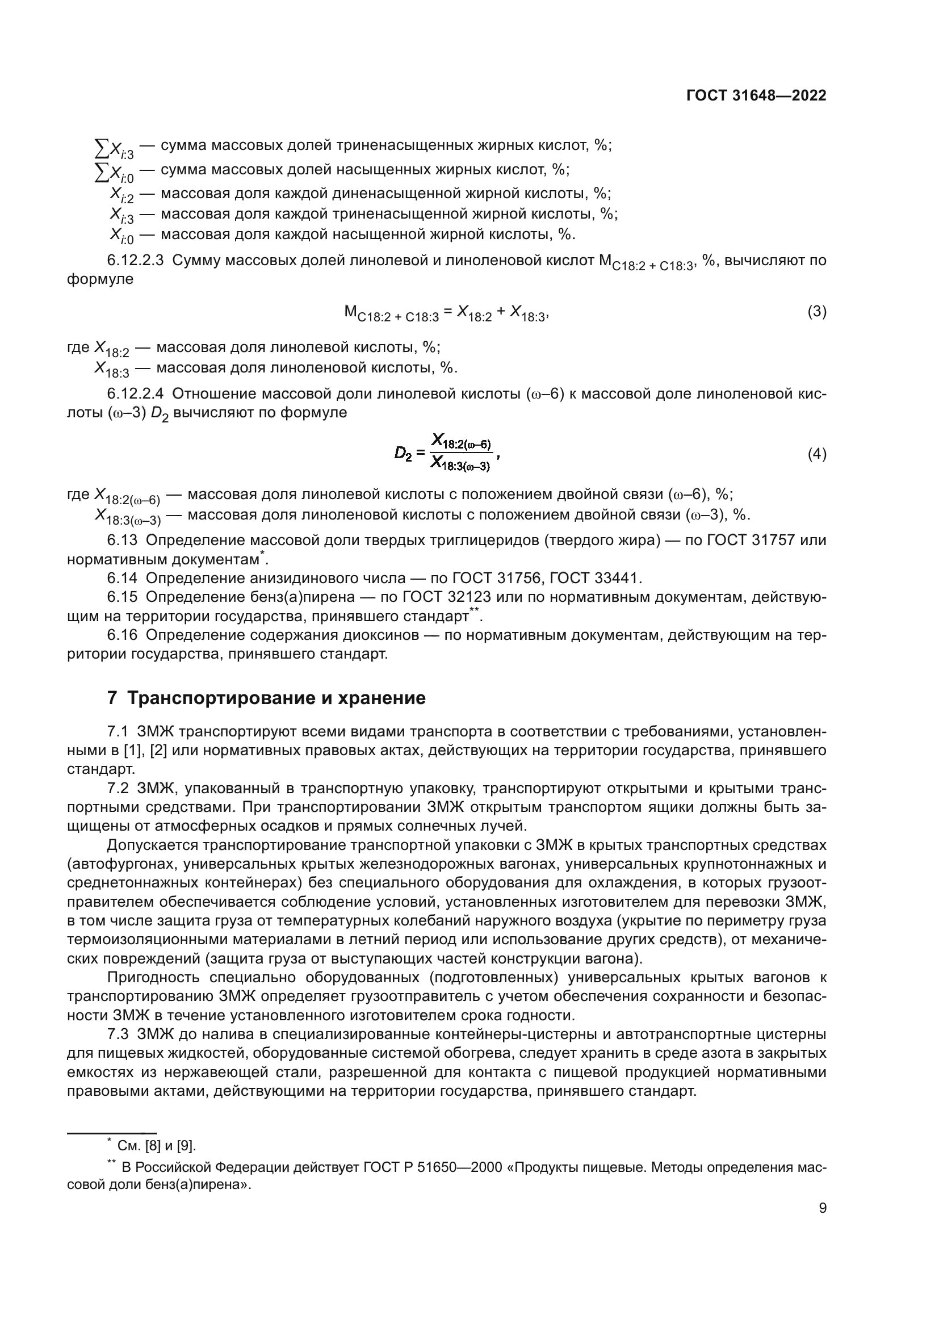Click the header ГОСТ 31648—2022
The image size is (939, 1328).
(x=756, y=96)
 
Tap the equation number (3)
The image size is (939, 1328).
(x=816, y=312)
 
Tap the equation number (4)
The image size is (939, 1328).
(x=816, y=454)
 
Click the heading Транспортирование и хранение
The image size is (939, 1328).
(x=276, y=698)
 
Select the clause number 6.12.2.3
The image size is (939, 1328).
(x=135, y=261)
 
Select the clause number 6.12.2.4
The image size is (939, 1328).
(x=135, y=395)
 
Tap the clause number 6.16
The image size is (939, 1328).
(x=122, y=635)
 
